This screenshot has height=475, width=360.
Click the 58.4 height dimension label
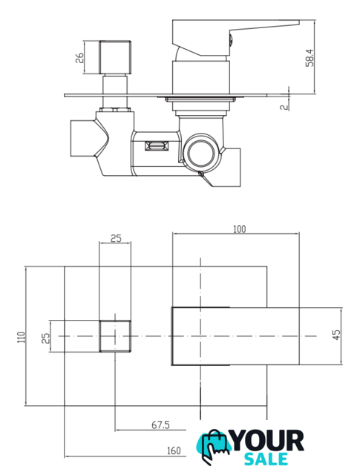[310, 58]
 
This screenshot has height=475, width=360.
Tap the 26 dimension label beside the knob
[79, 58]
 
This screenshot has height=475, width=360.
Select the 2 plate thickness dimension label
[284, 107]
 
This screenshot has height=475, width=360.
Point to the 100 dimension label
[240, 229]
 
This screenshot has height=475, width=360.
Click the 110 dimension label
[22, 337]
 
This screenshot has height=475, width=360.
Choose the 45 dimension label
[336, 335]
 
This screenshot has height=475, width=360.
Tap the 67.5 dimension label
[160, 425]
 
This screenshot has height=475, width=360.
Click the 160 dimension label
[174, 451]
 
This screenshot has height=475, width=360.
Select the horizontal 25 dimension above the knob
[116, 238]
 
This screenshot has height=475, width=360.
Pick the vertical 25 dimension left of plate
[45, 338]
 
